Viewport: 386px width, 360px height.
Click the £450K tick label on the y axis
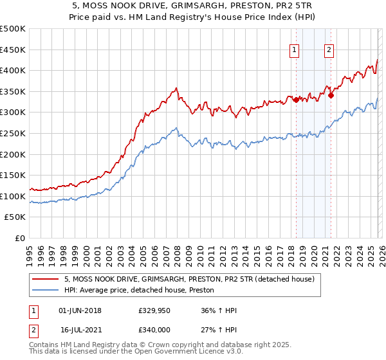(x=13, y=50)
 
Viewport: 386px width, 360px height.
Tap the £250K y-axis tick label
(x=13, y=133)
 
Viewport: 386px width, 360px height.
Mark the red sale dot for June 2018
(x=295, y=100)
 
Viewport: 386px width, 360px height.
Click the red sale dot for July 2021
(x=331, y=96)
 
